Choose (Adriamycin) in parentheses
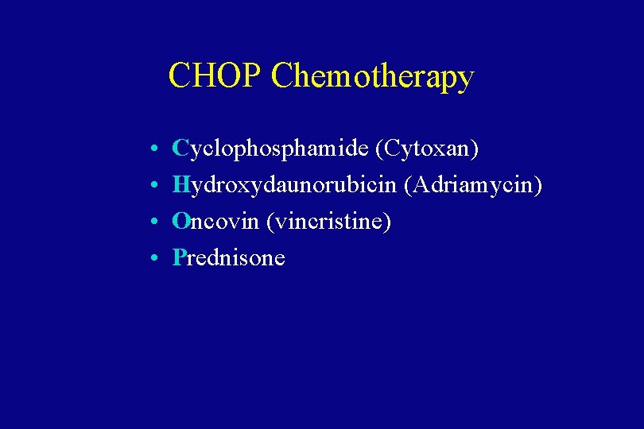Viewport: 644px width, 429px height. pyautogui.click(x=473, y=185)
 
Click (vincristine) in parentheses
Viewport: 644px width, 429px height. pyautogui.click(x=329, y=222)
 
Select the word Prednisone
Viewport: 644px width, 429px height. pyautogui.click(x=229, y=257)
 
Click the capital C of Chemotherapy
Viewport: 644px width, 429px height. pyautogui.click(x=282, y=76)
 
